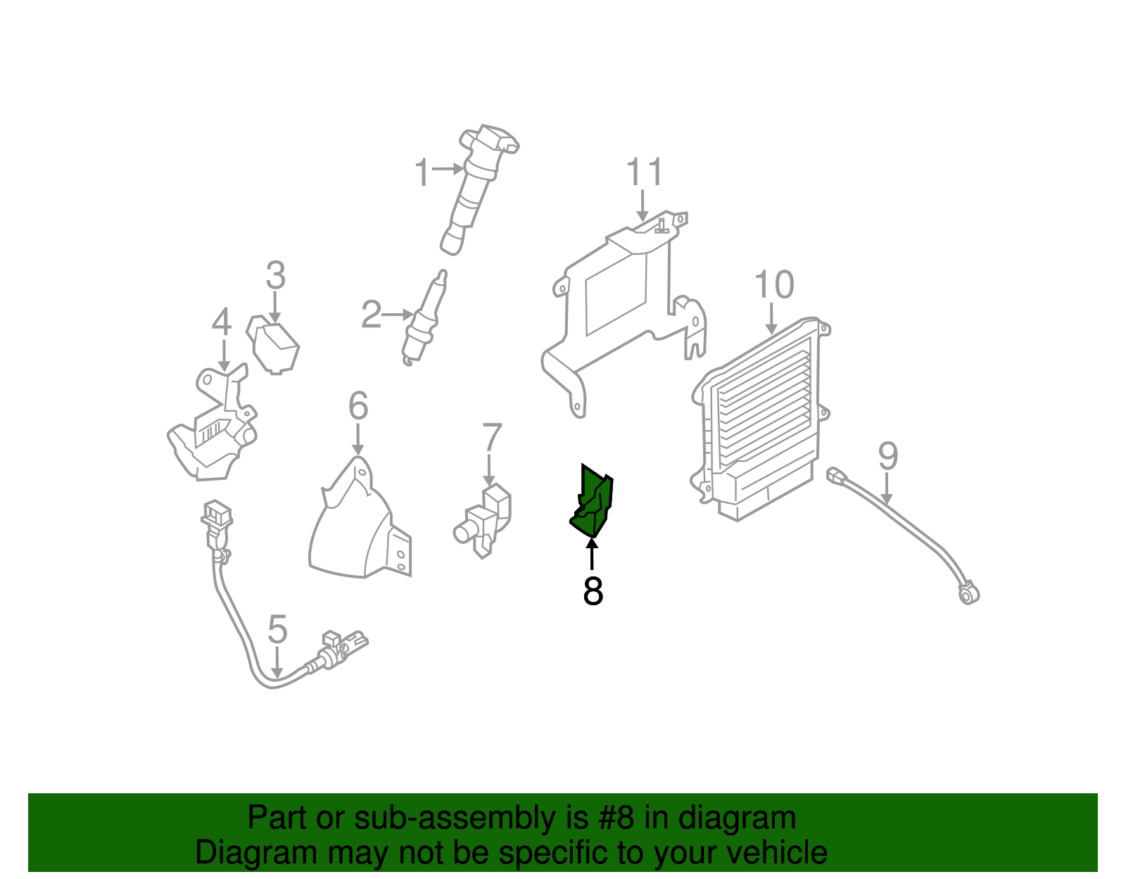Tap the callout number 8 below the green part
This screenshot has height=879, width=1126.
click(593, 591)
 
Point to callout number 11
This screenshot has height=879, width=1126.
click(644, 172)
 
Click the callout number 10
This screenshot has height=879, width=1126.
click(773, 285)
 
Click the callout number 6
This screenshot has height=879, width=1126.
click(358, 406)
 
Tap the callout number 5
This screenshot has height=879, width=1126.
click(277, 629)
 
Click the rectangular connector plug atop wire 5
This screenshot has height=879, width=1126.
click(217, 515)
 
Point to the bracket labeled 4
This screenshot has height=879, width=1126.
click(211, 429)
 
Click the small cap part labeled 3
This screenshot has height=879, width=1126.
click(274, 346)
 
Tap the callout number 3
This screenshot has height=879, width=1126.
click(275, 275)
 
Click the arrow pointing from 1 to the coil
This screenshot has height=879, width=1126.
click(447, 169)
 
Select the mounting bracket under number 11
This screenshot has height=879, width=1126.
click(619, 303)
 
